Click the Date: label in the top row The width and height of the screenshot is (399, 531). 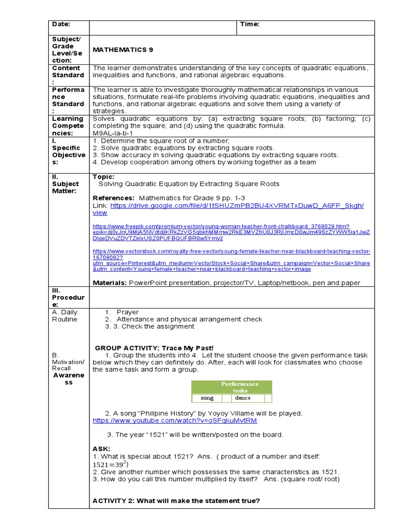[x=60, y=24]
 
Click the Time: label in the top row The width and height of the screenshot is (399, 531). [x=249, y=24]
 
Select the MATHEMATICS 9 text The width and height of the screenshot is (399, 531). [x=123, y=50]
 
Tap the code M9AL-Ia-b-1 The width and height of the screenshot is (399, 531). [x=113, y=133]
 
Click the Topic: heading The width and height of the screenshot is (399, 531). [x=103, y=177]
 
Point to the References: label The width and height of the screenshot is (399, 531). [x=113, y=198]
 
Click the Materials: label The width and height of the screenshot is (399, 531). [x=109, y=283]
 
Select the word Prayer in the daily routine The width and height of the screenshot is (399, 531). [x=128, y=312]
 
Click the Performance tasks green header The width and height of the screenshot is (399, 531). [x=232, y=387]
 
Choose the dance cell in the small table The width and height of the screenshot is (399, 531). [x=243, y=398]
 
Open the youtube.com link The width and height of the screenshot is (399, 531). [x=175, y=421]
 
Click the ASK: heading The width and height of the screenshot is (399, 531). [x=101, y=449]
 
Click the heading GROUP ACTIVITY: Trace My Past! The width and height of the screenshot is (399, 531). [x=154, y=347]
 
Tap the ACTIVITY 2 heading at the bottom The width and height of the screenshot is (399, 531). [x=176, y=500]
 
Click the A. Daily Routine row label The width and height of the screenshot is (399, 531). [x=64, y=316]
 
